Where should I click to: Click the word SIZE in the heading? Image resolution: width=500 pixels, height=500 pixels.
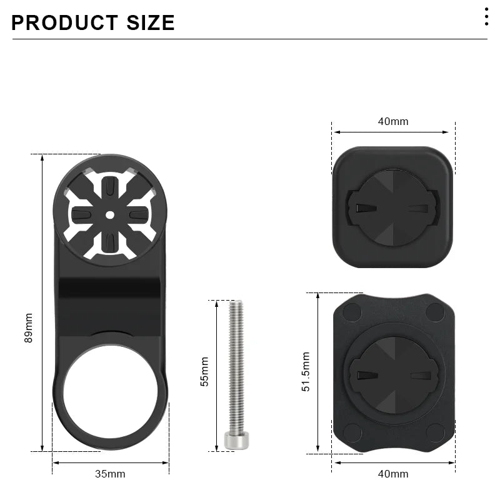(x=144, y=22)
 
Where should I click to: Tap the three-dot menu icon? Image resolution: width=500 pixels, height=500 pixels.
(x=486, y=17)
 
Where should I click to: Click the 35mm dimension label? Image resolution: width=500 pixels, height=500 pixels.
(x=110, y=474)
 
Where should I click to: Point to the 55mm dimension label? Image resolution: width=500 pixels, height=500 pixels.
(x=204, y=371)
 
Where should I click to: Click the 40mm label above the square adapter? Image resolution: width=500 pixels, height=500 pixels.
(x=393, y=121)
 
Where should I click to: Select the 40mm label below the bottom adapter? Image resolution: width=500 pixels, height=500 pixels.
(x=393, y=474)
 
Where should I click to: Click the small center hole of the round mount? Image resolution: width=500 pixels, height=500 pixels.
(x=110, y=214)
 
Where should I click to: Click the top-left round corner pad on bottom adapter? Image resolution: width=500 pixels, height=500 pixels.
(x=352, y=311)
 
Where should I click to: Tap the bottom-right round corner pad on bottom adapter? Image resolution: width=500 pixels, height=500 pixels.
(x=435, y=431)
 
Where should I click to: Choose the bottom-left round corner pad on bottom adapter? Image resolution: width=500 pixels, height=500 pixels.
(x=352, y=431)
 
